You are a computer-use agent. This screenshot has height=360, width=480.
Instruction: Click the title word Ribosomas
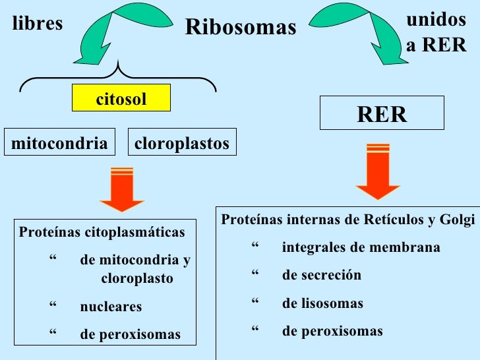click(241, 27)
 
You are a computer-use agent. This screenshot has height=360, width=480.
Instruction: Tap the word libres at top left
click(38, 24)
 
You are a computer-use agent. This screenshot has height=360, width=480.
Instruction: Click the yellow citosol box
click(121, 99)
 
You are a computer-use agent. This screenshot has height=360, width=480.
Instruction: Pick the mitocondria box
click(59, 143)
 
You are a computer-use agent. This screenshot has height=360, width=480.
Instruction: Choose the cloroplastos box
click(181, 143)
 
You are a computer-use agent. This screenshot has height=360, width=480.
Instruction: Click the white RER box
click(382, 114)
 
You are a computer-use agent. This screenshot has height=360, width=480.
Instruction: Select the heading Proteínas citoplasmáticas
click(102, 232)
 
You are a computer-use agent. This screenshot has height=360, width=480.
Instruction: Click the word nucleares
click(111, 307)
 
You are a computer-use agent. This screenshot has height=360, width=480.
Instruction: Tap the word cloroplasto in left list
click(137, 278)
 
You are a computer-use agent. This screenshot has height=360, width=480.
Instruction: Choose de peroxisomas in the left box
click(130, 334)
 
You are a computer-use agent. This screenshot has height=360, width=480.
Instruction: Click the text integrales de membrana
click(361, 248)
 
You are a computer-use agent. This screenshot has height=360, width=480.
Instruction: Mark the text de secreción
click(321, 275)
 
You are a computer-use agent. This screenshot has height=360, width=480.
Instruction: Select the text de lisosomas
click(322, 303)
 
